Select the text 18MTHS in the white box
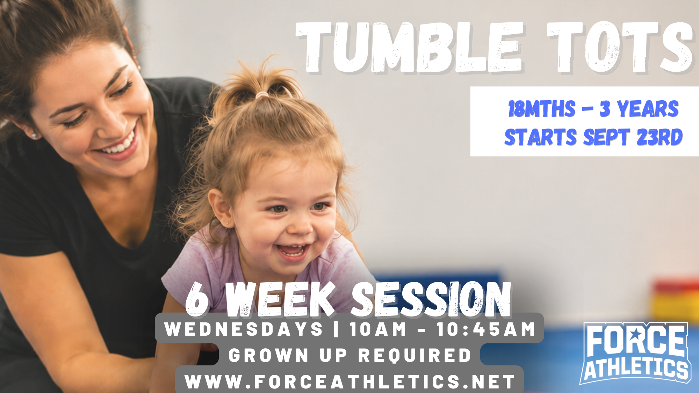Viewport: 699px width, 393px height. point(541,109)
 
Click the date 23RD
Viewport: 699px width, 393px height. point(660,137)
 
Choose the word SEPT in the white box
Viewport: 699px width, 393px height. point(606,137)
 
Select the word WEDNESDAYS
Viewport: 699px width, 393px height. point(244,329)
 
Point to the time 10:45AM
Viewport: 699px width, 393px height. point(486,329)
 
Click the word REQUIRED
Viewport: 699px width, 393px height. point(415,356)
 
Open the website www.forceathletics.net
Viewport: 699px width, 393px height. point(350,381)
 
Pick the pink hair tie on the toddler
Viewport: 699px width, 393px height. point(261,95)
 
